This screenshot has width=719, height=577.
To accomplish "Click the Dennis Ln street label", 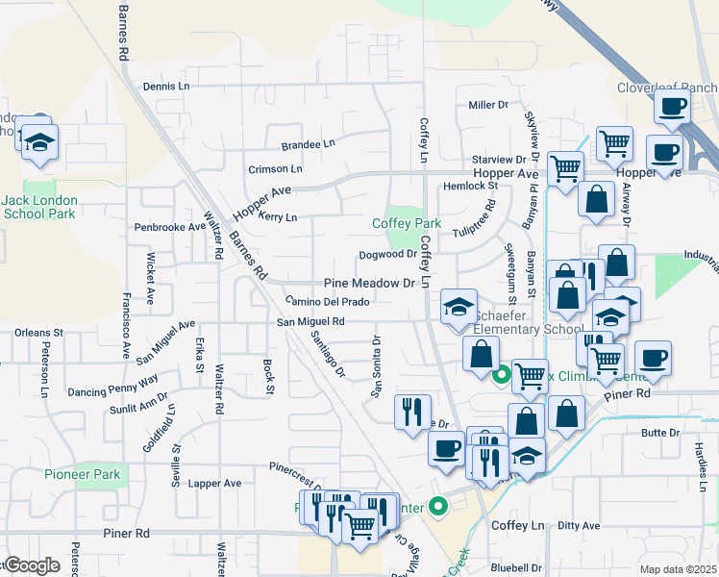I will click(x=166, y=86).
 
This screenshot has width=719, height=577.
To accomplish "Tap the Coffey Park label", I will click(x=407, y=223).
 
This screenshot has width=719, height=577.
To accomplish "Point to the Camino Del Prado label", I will click(x=327, y=302).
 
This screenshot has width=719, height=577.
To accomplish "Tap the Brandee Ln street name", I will click(x=308, y=144).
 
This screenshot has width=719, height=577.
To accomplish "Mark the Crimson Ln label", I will click(x=275, y=169).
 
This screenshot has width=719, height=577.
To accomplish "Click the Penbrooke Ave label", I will click(x=170, y=228).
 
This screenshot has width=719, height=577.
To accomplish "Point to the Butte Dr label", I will click(x=660, y=433).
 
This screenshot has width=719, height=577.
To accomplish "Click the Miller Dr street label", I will click(x=488, y=105).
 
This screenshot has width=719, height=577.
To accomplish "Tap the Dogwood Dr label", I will click(x=387, y=255).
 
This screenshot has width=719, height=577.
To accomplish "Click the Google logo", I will click(x=32, y=565).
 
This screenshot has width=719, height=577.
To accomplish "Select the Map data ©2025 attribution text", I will click(x=678, y=569).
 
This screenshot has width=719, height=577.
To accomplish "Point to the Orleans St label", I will click(x=38, y=333).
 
